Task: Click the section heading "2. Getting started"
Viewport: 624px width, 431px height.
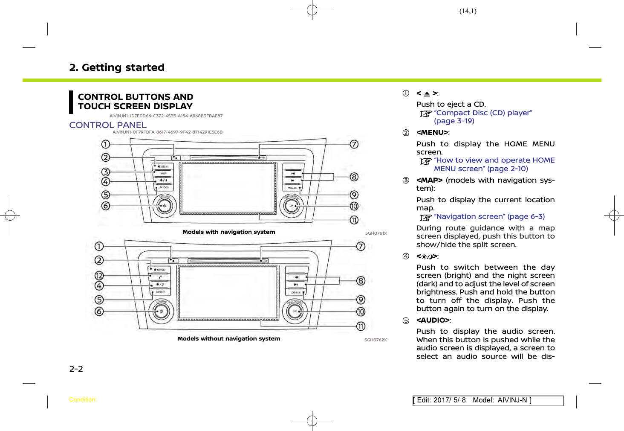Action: point(117,67)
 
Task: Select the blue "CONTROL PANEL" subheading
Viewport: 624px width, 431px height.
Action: point(108,125)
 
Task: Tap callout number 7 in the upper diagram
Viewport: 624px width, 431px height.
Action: point(354,144)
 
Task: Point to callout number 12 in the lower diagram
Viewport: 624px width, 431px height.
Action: point(99,276)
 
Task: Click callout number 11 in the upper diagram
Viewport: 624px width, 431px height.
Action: point(354,220)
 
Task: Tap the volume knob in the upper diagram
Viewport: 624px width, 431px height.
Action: point(164,206)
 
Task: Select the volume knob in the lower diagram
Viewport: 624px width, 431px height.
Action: point(161,312)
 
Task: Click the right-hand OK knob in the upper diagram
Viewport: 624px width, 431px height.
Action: point(292,206)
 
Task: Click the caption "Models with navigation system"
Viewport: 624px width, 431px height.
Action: point(229,232)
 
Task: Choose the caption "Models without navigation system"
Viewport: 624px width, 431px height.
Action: point(229,339)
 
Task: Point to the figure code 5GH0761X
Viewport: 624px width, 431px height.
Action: point(376,233)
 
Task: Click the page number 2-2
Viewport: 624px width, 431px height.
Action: point(76,369)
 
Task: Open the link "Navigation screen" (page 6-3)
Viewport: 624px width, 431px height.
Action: point(489,217)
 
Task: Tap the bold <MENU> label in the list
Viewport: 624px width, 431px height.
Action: point(432,133)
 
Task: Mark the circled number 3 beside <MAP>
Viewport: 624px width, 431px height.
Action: point(406,181)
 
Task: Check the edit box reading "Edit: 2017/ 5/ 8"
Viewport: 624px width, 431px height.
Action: point(488,401)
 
